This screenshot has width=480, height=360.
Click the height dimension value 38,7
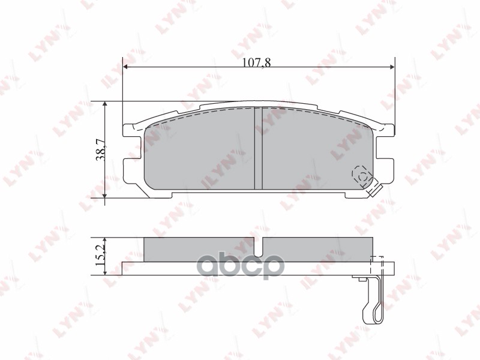pyautogui.click(x=101, y=149)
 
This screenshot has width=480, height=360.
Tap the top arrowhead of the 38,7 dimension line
pyautogui.click(x=106, y=105)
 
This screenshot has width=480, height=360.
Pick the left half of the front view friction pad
pyautogui.click(x=198, y=150)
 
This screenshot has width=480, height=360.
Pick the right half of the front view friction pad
pyautogui.click(x=312, y=150)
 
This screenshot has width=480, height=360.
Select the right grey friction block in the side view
pyautogui.click(x=318, y=249)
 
